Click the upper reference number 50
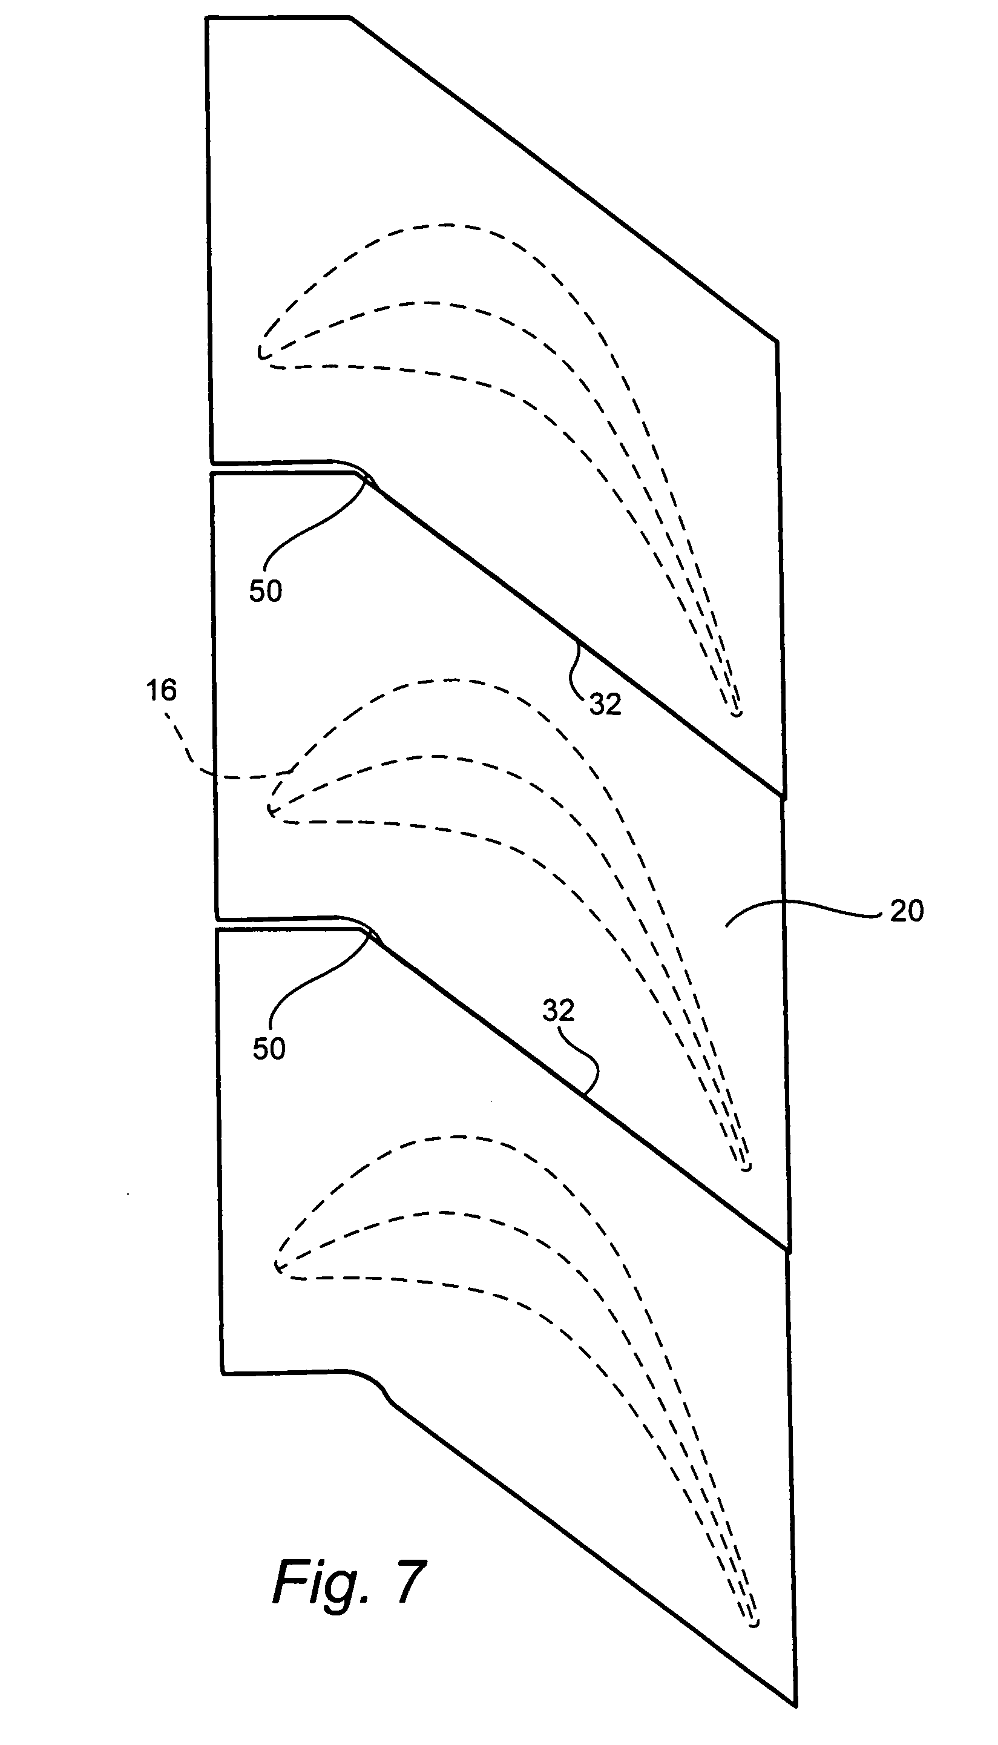(x=265, y=590)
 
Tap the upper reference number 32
(x=605, y=704)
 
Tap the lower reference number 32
(x=558, y=1010)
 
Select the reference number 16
(x=161, y=690)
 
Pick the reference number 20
(x=906, y=911)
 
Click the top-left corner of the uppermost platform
(x=207, y=19)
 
